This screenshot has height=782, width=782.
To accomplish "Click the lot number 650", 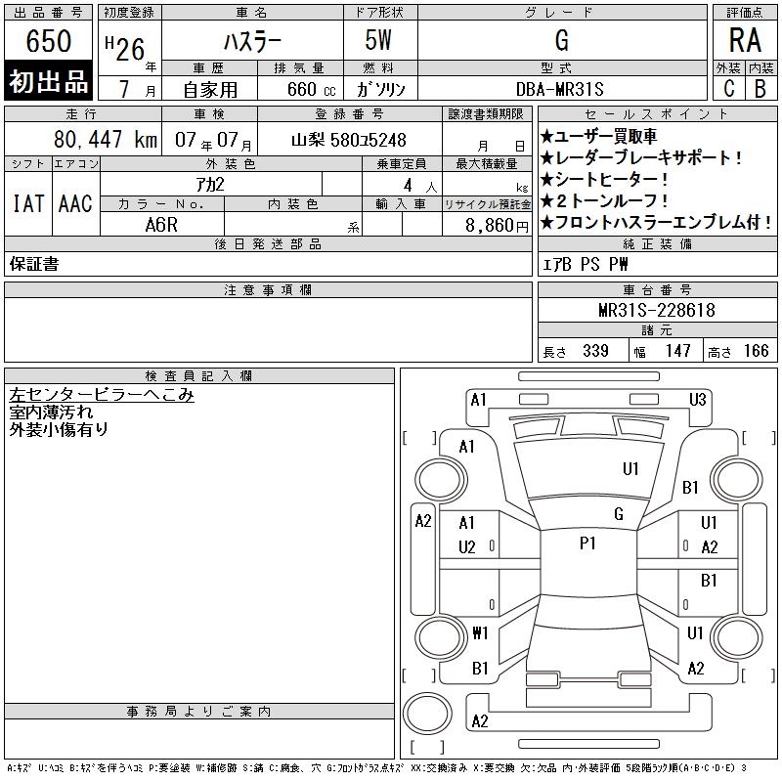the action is (x=48, y=40).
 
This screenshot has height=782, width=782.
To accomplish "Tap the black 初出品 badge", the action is (x=48, y=81).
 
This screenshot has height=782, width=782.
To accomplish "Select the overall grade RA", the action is (x=745, y=40).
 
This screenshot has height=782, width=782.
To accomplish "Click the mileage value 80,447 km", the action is (x=106, y=139).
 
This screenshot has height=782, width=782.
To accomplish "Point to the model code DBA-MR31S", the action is (x=559, y=89).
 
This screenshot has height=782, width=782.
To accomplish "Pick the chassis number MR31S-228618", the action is (x=657, y=310).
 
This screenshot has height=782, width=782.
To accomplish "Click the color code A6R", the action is (x=161, y=225).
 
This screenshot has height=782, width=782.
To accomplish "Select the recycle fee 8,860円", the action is (x=497, y=226).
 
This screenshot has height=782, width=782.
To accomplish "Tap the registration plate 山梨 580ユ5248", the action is (x=349, y=140).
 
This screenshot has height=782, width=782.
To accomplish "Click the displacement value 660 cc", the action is (x=311, y=90).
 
